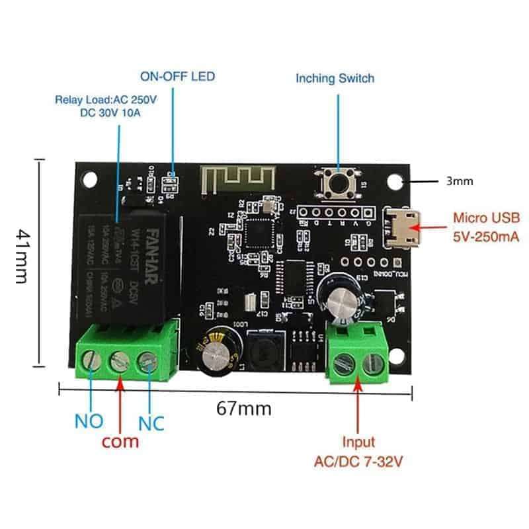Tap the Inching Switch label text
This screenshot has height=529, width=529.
[335, 79]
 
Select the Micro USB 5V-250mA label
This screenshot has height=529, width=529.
[486, 225]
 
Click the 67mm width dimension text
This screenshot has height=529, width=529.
[243, 409]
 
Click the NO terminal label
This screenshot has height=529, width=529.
[88, 421]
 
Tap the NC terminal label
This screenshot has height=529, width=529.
[151, 421]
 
